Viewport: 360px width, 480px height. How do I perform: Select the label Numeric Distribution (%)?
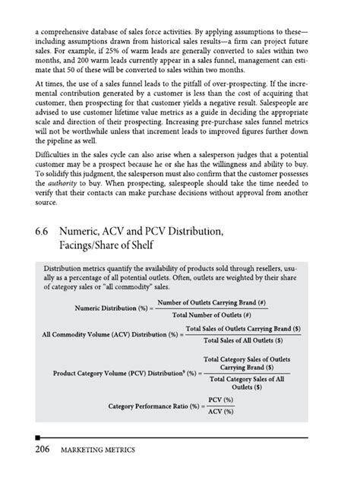(112, 309)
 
